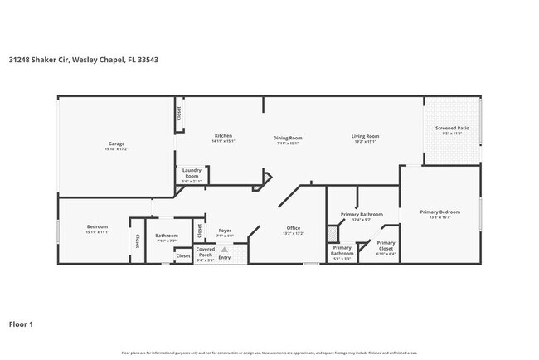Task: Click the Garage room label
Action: (x=115, y=144)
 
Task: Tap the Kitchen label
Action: (x=223, y=136)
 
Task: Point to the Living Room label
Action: (x=365, y=136)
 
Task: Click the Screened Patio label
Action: (x=452, y=129)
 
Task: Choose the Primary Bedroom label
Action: (x=439, y=212)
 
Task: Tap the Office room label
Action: (x=294, y=227)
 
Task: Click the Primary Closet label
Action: (x=386, y=246)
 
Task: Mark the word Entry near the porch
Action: (x=225, y=257)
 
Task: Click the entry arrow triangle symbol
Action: (x=225, y=249)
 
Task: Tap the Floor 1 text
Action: (x=21, y=324)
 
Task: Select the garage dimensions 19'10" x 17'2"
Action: (x=115, y=149)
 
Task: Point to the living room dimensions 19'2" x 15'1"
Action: (x=365, y=142)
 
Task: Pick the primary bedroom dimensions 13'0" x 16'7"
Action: (x=439, y=218)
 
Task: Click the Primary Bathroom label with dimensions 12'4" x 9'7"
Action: (x=361, y=215)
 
